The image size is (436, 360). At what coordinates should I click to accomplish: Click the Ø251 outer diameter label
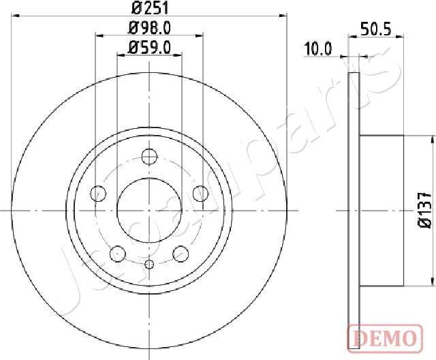[149, 9]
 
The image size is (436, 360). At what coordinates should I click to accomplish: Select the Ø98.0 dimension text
[149, 28]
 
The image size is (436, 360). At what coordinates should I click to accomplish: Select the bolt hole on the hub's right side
[201, 193]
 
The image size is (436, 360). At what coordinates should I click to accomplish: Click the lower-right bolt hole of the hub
[181, 253]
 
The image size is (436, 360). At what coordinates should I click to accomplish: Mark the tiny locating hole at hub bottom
[150, 265]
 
